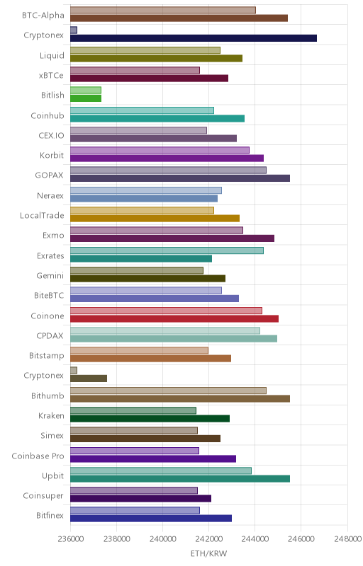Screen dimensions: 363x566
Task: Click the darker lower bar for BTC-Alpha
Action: click(179, 18)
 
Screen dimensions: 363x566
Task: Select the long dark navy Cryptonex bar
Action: click(194, 38)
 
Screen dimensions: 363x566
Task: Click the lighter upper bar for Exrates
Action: click(167, 250)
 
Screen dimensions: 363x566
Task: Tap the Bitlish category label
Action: click(52, 96)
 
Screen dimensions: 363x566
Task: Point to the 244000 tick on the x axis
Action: click(255, 539)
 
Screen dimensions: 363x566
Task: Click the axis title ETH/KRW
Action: click(208, 554)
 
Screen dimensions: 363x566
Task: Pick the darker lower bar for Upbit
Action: click(180, 479)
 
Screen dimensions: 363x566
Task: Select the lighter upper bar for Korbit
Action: click(160, 150)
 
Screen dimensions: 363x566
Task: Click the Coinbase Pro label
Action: click(38, 456)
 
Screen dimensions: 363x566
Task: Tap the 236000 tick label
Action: click(70, 539)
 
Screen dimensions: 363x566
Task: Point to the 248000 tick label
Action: click(348, 539)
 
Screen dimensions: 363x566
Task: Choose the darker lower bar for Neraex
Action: click(144, 199)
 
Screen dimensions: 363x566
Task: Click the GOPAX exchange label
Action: click(49, 175)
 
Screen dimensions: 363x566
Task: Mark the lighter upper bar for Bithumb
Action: click(168, 391)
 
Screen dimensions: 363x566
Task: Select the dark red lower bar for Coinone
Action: click(174, 318)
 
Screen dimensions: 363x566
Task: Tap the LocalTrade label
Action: click(42, 216)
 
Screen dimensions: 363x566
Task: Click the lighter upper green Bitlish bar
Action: click(86, 91)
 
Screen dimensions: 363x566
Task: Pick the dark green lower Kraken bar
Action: click(150, 419)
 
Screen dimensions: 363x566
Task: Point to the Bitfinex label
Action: click(50, 516)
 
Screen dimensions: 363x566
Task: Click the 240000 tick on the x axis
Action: click(162, 539)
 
